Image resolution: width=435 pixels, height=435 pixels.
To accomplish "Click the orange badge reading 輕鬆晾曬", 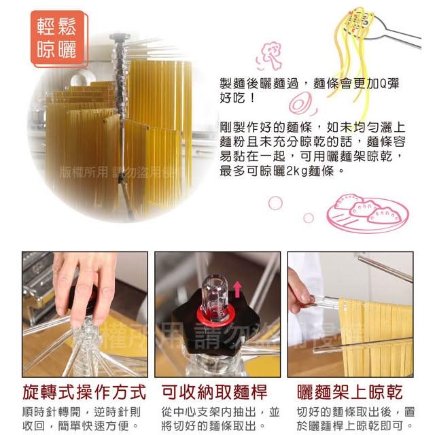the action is [x=59, y=38].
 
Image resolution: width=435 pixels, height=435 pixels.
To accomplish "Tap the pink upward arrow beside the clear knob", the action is [x=237, y=289].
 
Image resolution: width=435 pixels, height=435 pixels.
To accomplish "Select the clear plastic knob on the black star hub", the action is [x=215, y=294].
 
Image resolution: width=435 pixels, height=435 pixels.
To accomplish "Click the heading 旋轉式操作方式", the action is [x=84, y=392].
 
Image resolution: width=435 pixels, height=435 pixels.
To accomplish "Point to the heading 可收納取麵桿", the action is [x=215, y=392].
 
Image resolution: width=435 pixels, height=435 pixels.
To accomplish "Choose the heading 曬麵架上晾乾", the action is [x=350, y=392].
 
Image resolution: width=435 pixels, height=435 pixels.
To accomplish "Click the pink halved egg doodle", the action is [x=302, y=103].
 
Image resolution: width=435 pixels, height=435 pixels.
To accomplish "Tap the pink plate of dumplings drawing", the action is [x=368, y=213].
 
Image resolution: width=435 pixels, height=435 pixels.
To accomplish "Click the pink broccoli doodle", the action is [x=270, y=56].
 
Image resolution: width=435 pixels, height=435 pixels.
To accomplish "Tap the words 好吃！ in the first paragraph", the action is [x=237, y=98].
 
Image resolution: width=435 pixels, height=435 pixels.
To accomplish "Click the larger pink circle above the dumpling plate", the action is [x=275, y=203].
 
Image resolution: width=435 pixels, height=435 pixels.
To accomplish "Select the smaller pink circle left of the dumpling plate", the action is [x=309, y=218].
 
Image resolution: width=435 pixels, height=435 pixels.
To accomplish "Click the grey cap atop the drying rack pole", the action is [x=120, y=36].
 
